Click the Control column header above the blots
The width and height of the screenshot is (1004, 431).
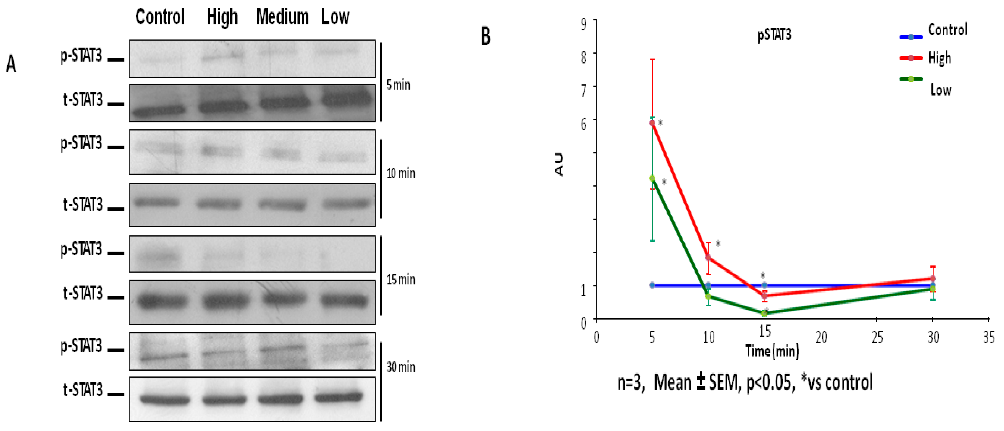160,17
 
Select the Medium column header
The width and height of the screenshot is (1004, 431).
282,17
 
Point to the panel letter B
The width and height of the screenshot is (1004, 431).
486,36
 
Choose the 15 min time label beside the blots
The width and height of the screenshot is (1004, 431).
401,279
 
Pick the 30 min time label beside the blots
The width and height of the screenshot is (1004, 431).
401,366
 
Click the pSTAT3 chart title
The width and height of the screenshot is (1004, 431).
774,35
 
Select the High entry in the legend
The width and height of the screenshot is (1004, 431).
939,58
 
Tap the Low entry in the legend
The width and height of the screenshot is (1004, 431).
941,90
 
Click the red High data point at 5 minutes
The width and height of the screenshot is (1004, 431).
652,123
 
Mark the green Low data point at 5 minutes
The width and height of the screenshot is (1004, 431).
652,178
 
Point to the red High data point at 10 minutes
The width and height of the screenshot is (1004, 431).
708,257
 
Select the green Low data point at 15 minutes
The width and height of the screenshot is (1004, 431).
764,313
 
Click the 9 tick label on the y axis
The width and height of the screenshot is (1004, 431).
583,24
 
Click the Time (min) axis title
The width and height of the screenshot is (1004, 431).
772,351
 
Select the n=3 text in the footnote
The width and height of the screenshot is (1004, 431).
629,382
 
